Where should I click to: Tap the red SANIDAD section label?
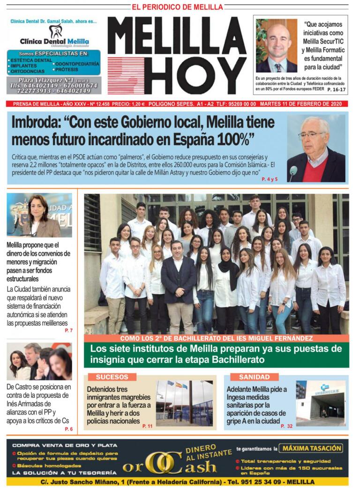pos(254,377)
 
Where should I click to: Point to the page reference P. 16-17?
pos(336,89)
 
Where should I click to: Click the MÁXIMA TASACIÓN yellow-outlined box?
pos(310,448)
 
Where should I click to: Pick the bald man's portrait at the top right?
pos(277,45)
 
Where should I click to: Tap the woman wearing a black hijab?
pos(226,286)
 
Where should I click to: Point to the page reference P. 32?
pos(286,426)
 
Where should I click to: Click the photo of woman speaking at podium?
pos(39,215)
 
